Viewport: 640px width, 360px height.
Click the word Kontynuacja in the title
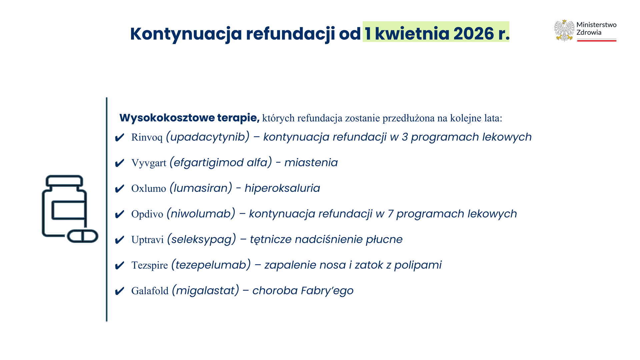[186, 34]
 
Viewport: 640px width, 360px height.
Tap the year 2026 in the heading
[474, 34]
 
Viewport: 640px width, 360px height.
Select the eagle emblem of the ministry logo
[564, 30]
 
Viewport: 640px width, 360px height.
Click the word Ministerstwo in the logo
[596, 25]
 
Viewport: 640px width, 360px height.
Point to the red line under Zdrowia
[597, 41]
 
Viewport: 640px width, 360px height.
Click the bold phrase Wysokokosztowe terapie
[189, 118]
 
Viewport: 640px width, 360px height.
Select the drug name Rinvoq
[147, 137]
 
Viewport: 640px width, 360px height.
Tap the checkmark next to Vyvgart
[119, 163]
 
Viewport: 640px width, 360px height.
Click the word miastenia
[311, 163]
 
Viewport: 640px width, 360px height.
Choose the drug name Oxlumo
[149, 188]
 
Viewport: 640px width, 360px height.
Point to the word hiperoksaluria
[282, 188]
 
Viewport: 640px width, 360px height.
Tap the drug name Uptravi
[147, 240]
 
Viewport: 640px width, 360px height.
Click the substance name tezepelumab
[211, 265]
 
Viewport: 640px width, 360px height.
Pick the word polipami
[418, 265]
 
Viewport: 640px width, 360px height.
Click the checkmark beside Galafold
[119, 291]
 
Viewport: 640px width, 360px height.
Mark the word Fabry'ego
[327, 291]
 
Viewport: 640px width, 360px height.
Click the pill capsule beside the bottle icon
[83, 236]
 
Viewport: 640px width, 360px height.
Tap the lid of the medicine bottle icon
[64, 181]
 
